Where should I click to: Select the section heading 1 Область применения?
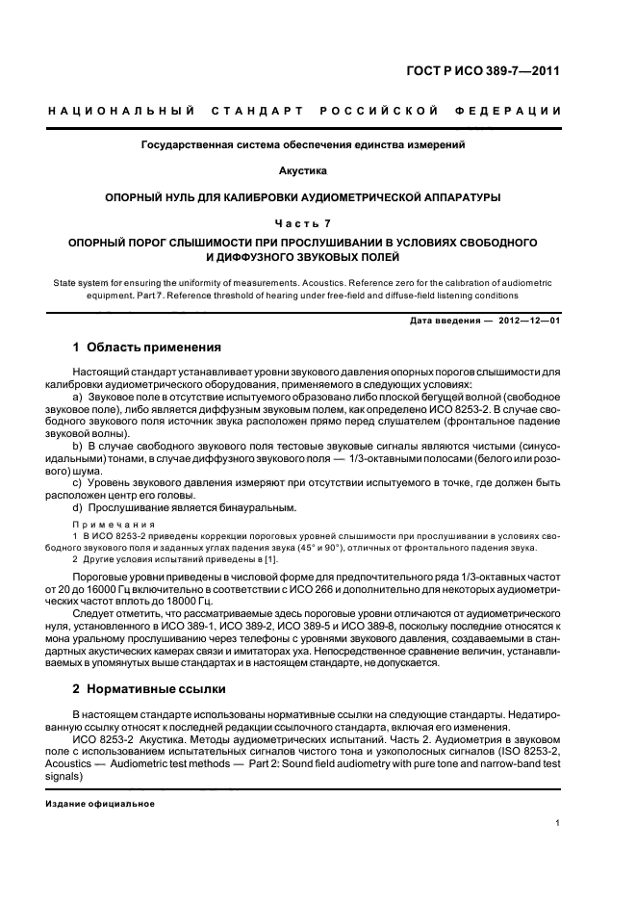(148, 347)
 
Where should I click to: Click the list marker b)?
(80, 448)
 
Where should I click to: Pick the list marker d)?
(80, 506)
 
